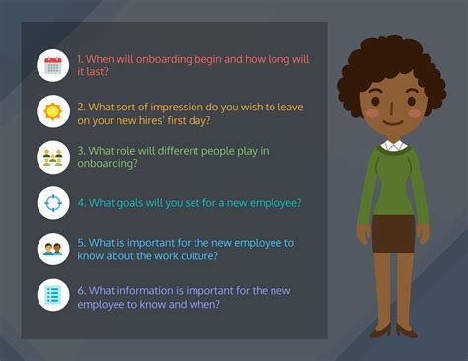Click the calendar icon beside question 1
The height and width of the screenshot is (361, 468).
coord(52,66)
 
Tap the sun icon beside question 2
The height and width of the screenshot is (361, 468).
coord(52,110)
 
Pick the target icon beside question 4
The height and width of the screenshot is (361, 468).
coord(52,203)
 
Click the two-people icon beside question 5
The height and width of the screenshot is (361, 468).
coord(52,249)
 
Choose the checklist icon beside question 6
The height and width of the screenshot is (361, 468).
coord(52,294)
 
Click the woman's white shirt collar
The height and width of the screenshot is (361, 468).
coord(392,146)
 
